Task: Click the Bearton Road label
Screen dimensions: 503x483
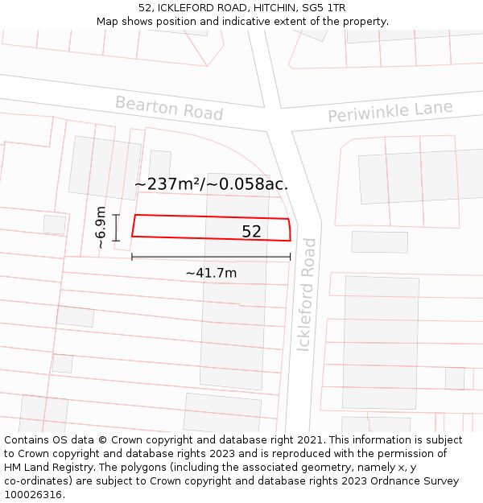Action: [168, 107]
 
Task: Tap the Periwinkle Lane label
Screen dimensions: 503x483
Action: [390, 111]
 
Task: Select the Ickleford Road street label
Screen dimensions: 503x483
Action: [308, 294]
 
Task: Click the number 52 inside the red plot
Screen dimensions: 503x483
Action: [251, 232]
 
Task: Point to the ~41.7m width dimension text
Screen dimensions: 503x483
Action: [211, 273]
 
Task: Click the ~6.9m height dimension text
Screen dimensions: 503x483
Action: [100, 228]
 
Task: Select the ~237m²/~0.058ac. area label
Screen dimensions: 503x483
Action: [211, 184]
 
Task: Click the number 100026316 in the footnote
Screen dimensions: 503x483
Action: [33, 495]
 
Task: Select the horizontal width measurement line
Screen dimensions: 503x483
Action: [211, 258]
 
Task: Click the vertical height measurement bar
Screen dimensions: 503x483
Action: [117, 228]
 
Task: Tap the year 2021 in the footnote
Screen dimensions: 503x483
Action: [308, 440]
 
